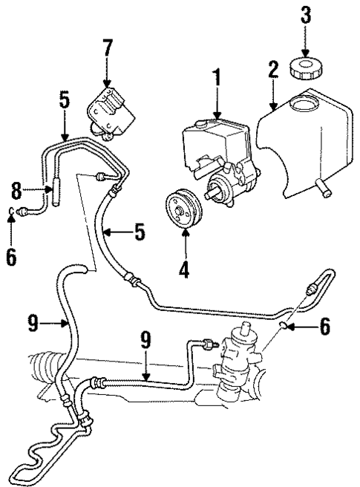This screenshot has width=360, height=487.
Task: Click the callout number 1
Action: point(217,77)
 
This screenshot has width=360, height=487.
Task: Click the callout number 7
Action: point(108,49)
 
